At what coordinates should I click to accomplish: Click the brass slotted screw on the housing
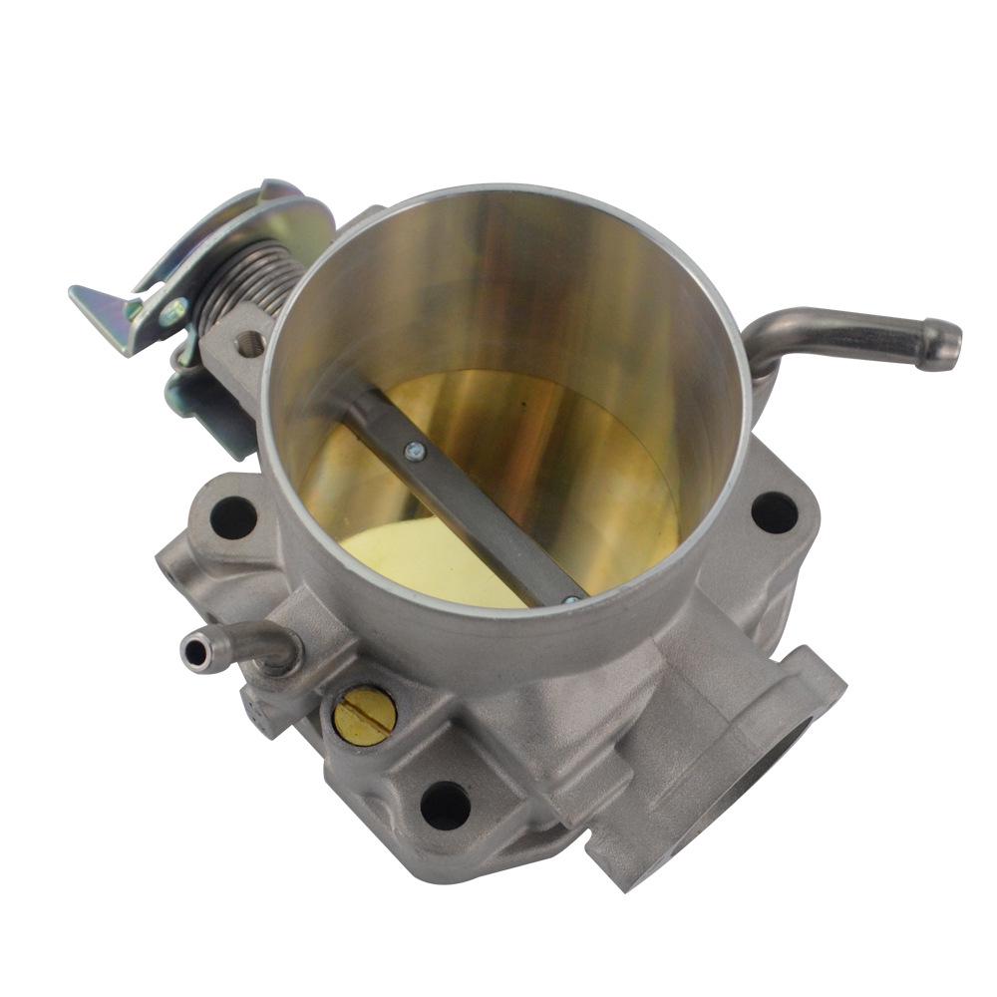click(x=364, y=715)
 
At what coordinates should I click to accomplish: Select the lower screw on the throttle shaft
click(x=570, y=600)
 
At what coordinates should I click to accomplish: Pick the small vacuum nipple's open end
click(x=191, y=650)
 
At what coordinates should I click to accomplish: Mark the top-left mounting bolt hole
click(x=231, y=516)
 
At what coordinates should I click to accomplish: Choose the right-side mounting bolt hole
click(x=774, y=512)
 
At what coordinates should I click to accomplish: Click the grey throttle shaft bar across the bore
click(x=469, y=498)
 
